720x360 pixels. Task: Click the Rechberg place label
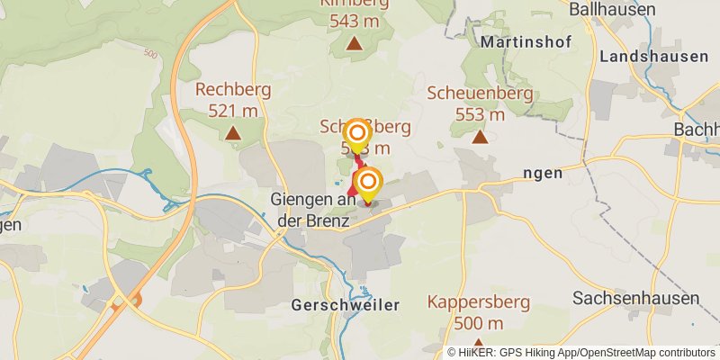point(232,91)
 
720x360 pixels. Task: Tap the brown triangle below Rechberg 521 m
point(233,134)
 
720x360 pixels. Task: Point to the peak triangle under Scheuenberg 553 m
point(480,137)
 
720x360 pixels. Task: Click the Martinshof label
point(523,41)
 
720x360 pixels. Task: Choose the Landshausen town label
point(653,56)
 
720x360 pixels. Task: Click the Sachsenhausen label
point(634,298)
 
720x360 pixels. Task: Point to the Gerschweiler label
point(345,305)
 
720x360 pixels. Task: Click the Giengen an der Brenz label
point(314,209)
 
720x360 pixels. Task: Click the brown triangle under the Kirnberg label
point(355,42)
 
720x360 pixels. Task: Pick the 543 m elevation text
point(355,20)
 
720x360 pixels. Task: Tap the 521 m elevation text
point(232,111)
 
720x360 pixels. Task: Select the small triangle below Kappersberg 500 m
point(479,343)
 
